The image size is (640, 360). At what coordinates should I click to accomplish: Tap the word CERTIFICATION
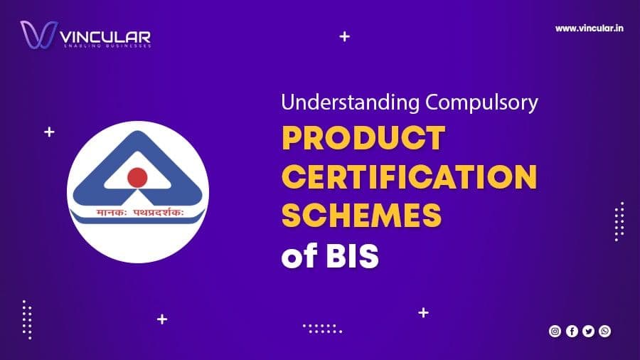click(409, 176)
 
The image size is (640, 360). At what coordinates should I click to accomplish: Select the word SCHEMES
click(361, 215)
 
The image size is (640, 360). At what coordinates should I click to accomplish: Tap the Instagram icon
click(555, 331)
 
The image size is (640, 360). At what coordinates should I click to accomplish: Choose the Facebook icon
click(571, 331)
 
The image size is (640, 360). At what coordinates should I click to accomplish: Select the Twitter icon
click(588, 331)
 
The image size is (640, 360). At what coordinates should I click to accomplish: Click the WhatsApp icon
click(604, 331)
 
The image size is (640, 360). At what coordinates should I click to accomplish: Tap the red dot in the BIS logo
click(137, 176)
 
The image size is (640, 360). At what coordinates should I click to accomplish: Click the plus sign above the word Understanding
click(345, 36)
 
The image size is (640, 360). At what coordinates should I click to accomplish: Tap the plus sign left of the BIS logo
click(49, 132)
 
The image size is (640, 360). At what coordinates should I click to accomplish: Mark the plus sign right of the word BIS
click(424, 312)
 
